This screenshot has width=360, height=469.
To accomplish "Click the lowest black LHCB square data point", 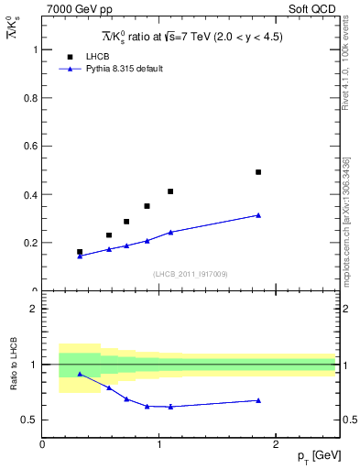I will pos(80,252).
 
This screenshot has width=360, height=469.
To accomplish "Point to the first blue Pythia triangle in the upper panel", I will pos(80,256).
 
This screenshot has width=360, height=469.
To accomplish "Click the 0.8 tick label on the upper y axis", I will pos(30,98).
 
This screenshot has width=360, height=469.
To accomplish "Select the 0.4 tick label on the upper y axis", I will pos(30,195).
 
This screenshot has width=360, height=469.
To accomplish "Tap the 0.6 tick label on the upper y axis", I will pos(30,147).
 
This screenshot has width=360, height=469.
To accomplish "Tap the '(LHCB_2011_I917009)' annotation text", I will pos(190,274).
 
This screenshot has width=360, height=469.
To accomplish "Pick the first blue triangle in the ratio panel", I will pos(80,374).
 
